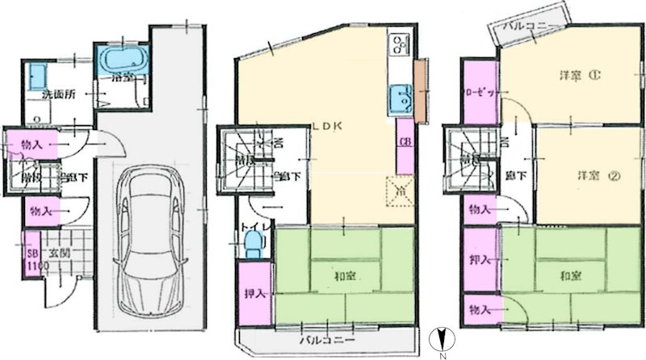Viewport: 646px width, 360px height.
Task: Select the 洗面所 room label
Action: tap(59, 94)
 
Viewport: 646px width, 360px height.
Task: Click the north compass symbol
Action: tap(439, 340)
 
